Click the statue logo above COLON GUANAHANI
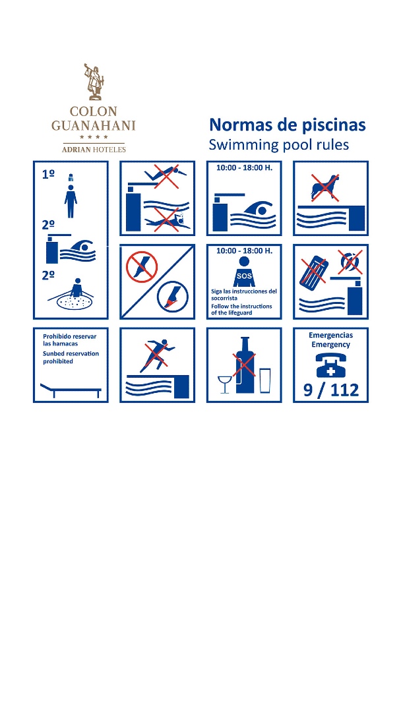[x=94, y=82]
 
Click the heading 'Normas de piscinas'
[x=287, y=125]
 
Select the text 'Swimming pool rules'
[x=278, y=145]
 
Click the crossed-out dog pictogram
[x=324, y=187]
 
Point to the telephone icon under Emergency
[x=330, y=365]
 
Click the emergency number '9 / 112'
[x=330, y=390]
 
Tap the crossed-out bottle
[x=245, y=365]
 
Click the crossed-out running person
[x=157, y=355]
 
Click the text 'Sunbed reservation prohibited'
[x=71, y=357]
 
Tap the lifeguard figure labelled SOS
[x=244, y=272]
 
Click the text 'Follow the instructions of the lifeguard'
[x=241, y=309]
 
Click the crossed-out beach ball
[x=350, y=263]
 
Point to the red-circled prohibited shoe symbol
[x=142, y=266]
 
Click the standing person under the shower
[x=71, y=200]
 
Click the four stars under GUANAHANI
[x=94, y=136]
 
